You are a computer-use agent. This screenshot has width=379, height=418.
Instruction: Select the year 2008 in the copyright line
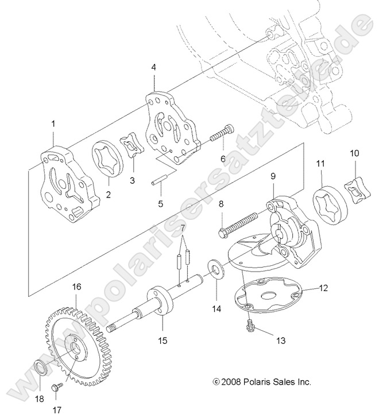[232, 381]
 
